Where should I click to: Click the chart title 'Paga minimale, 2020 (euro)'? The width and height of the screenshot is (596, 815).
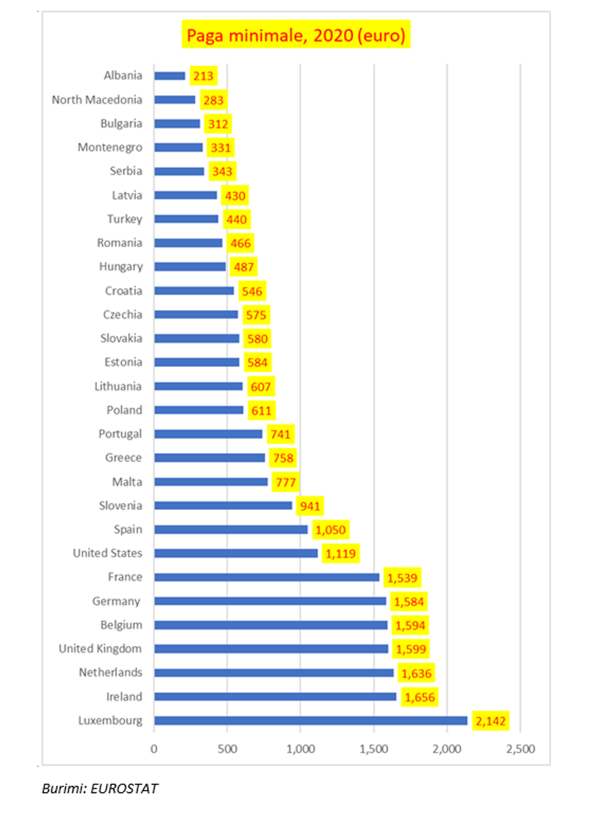(296, 35)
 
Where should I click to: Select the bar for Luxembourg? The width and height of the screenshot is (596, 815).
(310, 721)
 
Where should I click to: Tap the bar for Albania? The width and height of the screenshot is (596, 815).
(170, 76)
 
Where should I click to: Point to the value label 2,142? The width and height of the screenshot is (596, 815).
(490, 721)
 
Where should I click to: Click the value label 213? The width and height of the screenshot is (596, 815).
(203, 76)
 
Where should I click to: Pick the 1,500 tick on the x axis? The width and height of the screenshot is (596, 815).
(373, 749)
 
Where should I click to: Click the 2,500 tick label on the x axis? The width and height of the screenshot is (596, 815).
(521, 749)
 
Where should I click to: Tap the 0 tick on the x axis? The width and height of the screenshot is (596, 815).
(154, 749)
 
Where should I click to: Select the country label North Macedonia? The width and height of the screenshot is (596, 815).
(97, 100)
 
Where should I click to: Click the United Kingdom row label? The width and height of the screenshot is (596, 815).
(100, 649)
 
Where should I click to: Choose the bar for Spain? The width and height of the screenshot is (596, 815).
(230, 530)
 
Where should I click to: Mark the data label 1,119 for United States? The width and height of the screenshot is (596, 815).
(341, 553)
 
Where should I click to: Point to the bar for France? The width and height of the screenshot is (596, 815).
(266, 577)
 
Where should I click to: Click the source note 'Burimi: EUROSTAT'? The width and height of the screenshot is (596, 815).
(100, 789)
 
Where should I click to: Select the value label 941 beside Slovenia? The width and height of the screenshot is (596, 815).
(310, 506)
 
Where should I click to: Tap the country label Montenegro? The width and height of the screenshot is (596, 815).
(109, 147)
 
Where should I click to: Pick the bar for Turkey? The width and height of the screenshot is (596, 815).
(186, 219)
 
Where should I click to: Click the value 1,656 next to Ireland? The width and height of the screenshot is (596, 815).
(420, 697)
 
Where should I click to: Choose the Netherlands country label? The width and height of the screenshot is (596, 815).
(110, 673)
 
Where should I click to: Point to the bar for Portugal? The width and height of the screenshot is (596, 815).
(208, 434)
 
